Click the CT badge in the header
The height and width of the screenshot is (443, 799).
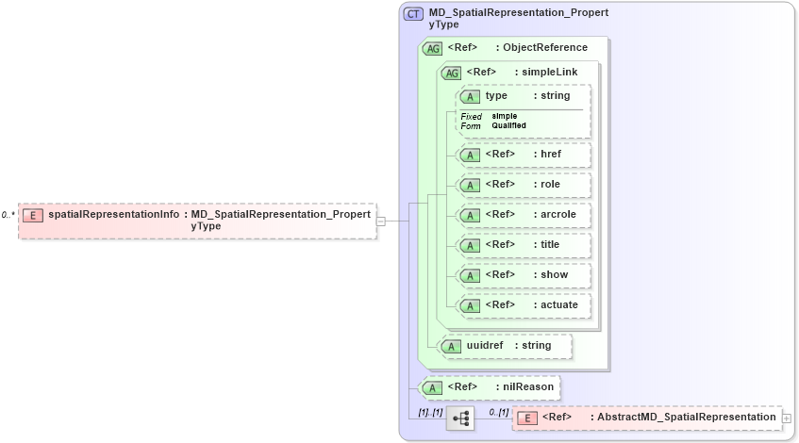tap(413, 14)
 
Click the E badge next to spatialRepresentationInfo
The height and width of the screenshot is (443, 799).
tap(33, 215)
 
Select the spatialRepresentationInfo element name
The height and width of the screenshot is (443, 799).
tap(113, 215)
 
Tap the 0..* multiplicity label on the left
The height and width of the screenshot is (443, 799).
tap(8, 215)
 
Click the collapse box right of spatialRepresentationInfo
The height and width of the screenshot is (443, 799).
tap(381, 221)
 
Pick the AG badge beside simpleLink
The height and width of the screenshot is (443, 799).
tap(452, 73)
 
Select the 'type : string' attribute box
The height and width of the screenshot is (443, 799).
tap(524, 96)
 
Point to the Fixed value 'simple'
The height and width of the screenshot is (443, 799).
tap(504, 116)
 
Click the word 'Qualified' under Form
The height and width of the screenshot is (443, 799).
tap(508, 125)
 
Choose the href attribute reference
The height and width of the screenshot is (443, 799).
tap(524, 155)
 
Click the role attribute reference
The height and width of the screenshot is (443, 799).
tap(524, 185)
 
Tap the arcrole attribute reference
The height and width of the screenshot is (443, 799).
tap(524, 215)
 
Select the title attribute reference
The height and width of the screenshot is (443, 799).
tap(524, 245)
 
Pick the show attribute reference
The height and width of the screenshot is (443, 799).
tap(524, 275)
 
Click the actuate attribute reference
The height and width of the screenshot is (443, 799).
tap(524, 305)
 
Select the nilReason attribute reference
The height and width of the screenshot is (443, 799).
tap(489, 387)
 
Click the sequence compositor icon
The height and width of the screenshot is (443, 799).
tap(460, 418)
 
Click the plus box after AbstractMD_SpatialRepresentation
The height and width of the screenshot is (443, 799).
tap(787, 418)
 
